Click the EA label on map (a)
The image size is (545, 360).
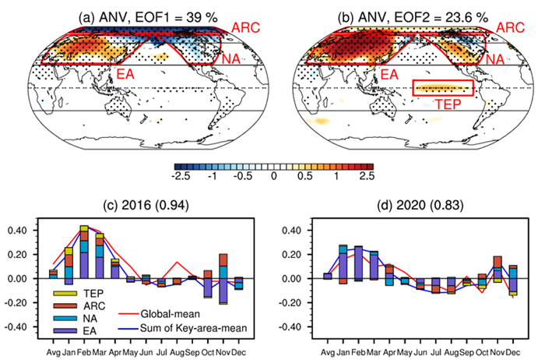(x=127, y=73)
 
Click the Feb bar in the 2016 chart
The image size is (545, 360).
(x=84, y=252)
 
